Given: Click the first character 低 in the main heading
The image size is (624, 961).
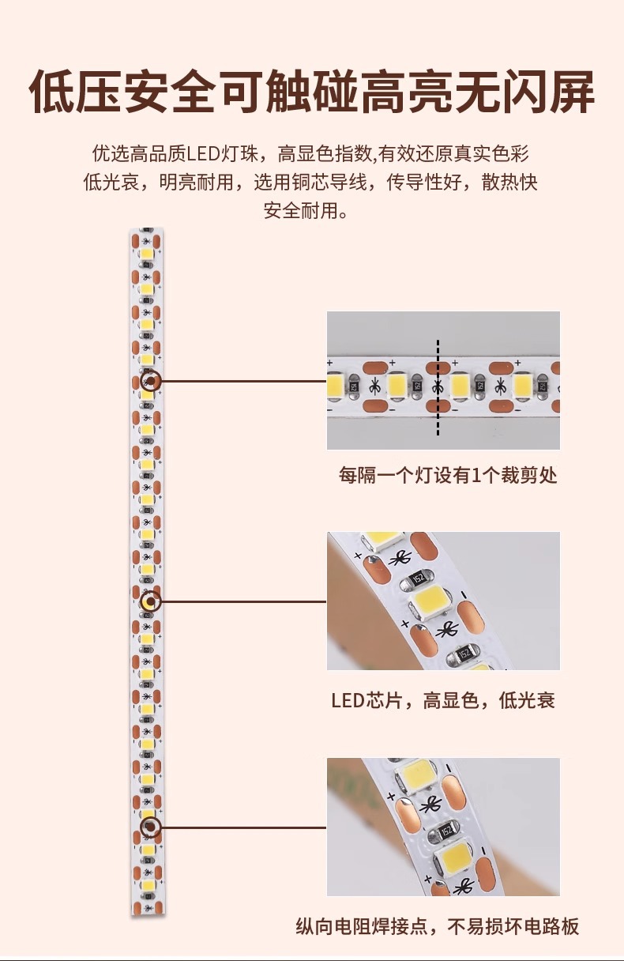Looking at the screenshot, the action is (x=51, y=92).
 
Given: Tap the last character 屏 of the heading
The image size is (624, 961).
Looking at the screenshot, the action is (x=571, y=92).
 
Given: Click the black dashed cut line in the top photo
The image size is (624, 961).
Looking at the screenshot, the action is (x=438, y=387).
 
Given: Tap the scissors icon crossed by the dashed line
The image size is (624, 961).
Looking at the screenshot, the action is (x=438, y=387).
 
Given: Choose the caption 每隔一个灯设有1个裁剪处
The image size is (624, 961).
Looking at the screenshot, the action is (x=448, y=475).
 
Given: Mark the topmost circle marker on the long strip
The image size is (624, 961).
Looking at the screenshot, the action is (x=151, y=381).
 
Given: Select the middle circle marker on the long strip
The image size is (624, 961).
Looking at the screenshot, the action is (x=151, y=601).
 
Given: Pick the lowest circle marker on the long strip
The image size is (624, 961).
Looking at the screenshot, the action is (x=151, y=827).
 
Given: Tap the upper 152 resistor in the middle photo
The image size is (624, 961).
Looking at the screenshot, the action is (x=417, y=578).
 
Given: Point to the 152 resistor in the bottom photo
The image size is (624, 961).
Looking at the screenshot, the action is (x=446, y=832).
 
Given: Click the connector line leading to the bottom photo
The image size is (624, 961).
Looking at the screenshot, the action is (x=243, y=827).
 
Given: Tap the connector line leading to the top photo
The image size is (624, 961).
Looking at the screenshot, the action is (x=243, y=381).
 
